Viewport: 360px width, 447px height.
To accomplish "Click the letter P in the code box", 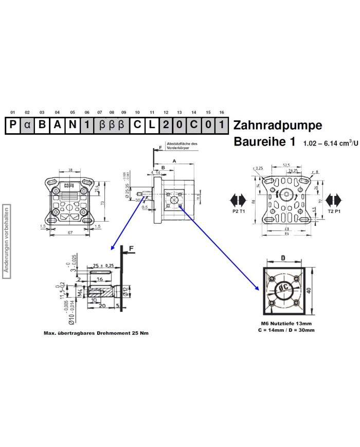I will coord(12,126).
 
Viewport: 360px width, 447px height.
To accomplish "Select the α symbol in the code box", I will coord(27,126).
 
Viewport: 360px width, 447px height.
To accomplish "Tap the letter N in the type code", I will coord(73,126).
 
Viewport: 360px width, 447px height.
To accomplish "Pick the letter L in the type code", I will coord(152,126).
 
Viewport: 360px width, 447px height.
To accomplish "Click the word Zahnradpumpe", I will coord(278,126).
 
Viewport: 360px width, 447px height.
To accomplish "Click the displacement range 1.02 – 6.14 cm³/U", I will coord(331,143).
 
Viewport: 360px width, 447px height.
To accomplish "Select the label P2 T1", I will coord(238,211).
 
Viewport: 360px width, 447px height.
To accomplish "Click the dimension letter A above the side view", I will coord(174,160).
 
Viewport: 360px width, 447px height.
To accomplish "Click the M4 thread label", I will coord(80,293).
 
